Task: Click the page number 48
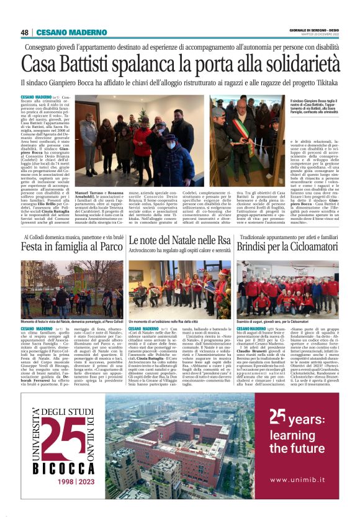24,32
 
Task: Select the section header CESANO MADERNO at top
63,32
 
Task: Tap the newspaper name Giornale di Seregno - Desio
315,30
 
